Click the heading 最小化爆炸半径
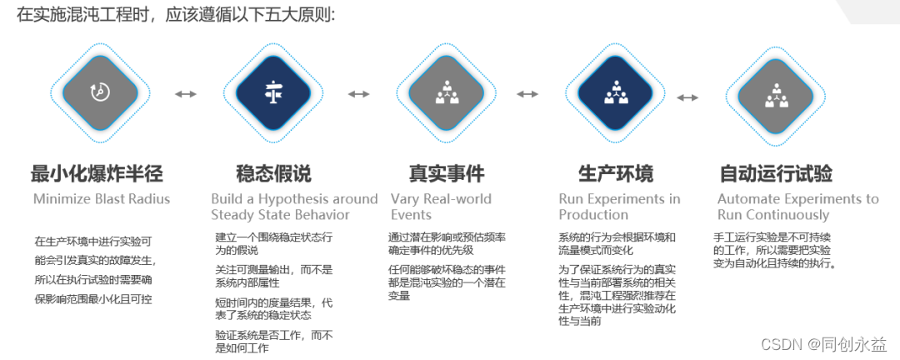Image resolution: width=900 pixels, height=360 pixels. point(97,174)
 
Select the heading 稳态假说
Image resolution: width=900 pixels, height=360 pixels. point(273,174)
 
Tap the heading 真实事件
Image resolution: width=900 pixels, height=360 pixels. point(447,174)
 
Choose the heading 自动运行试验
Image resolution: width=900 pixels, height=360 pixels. point(776,174)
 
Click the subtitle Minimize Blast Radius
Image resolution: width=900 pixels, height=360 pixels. point(102,199)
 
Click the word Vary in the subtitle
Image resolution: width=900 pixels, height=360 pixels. point(407,199)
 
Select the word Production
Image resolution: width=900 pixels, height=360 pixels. point(593,215)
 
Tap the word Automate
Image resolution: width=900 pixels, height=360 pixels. point(752,199)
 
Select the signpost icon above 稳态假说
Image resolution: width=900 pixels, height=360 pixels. point(273,92)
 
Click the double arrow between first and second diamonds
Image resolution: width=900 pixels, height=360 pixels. point(186,93)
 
